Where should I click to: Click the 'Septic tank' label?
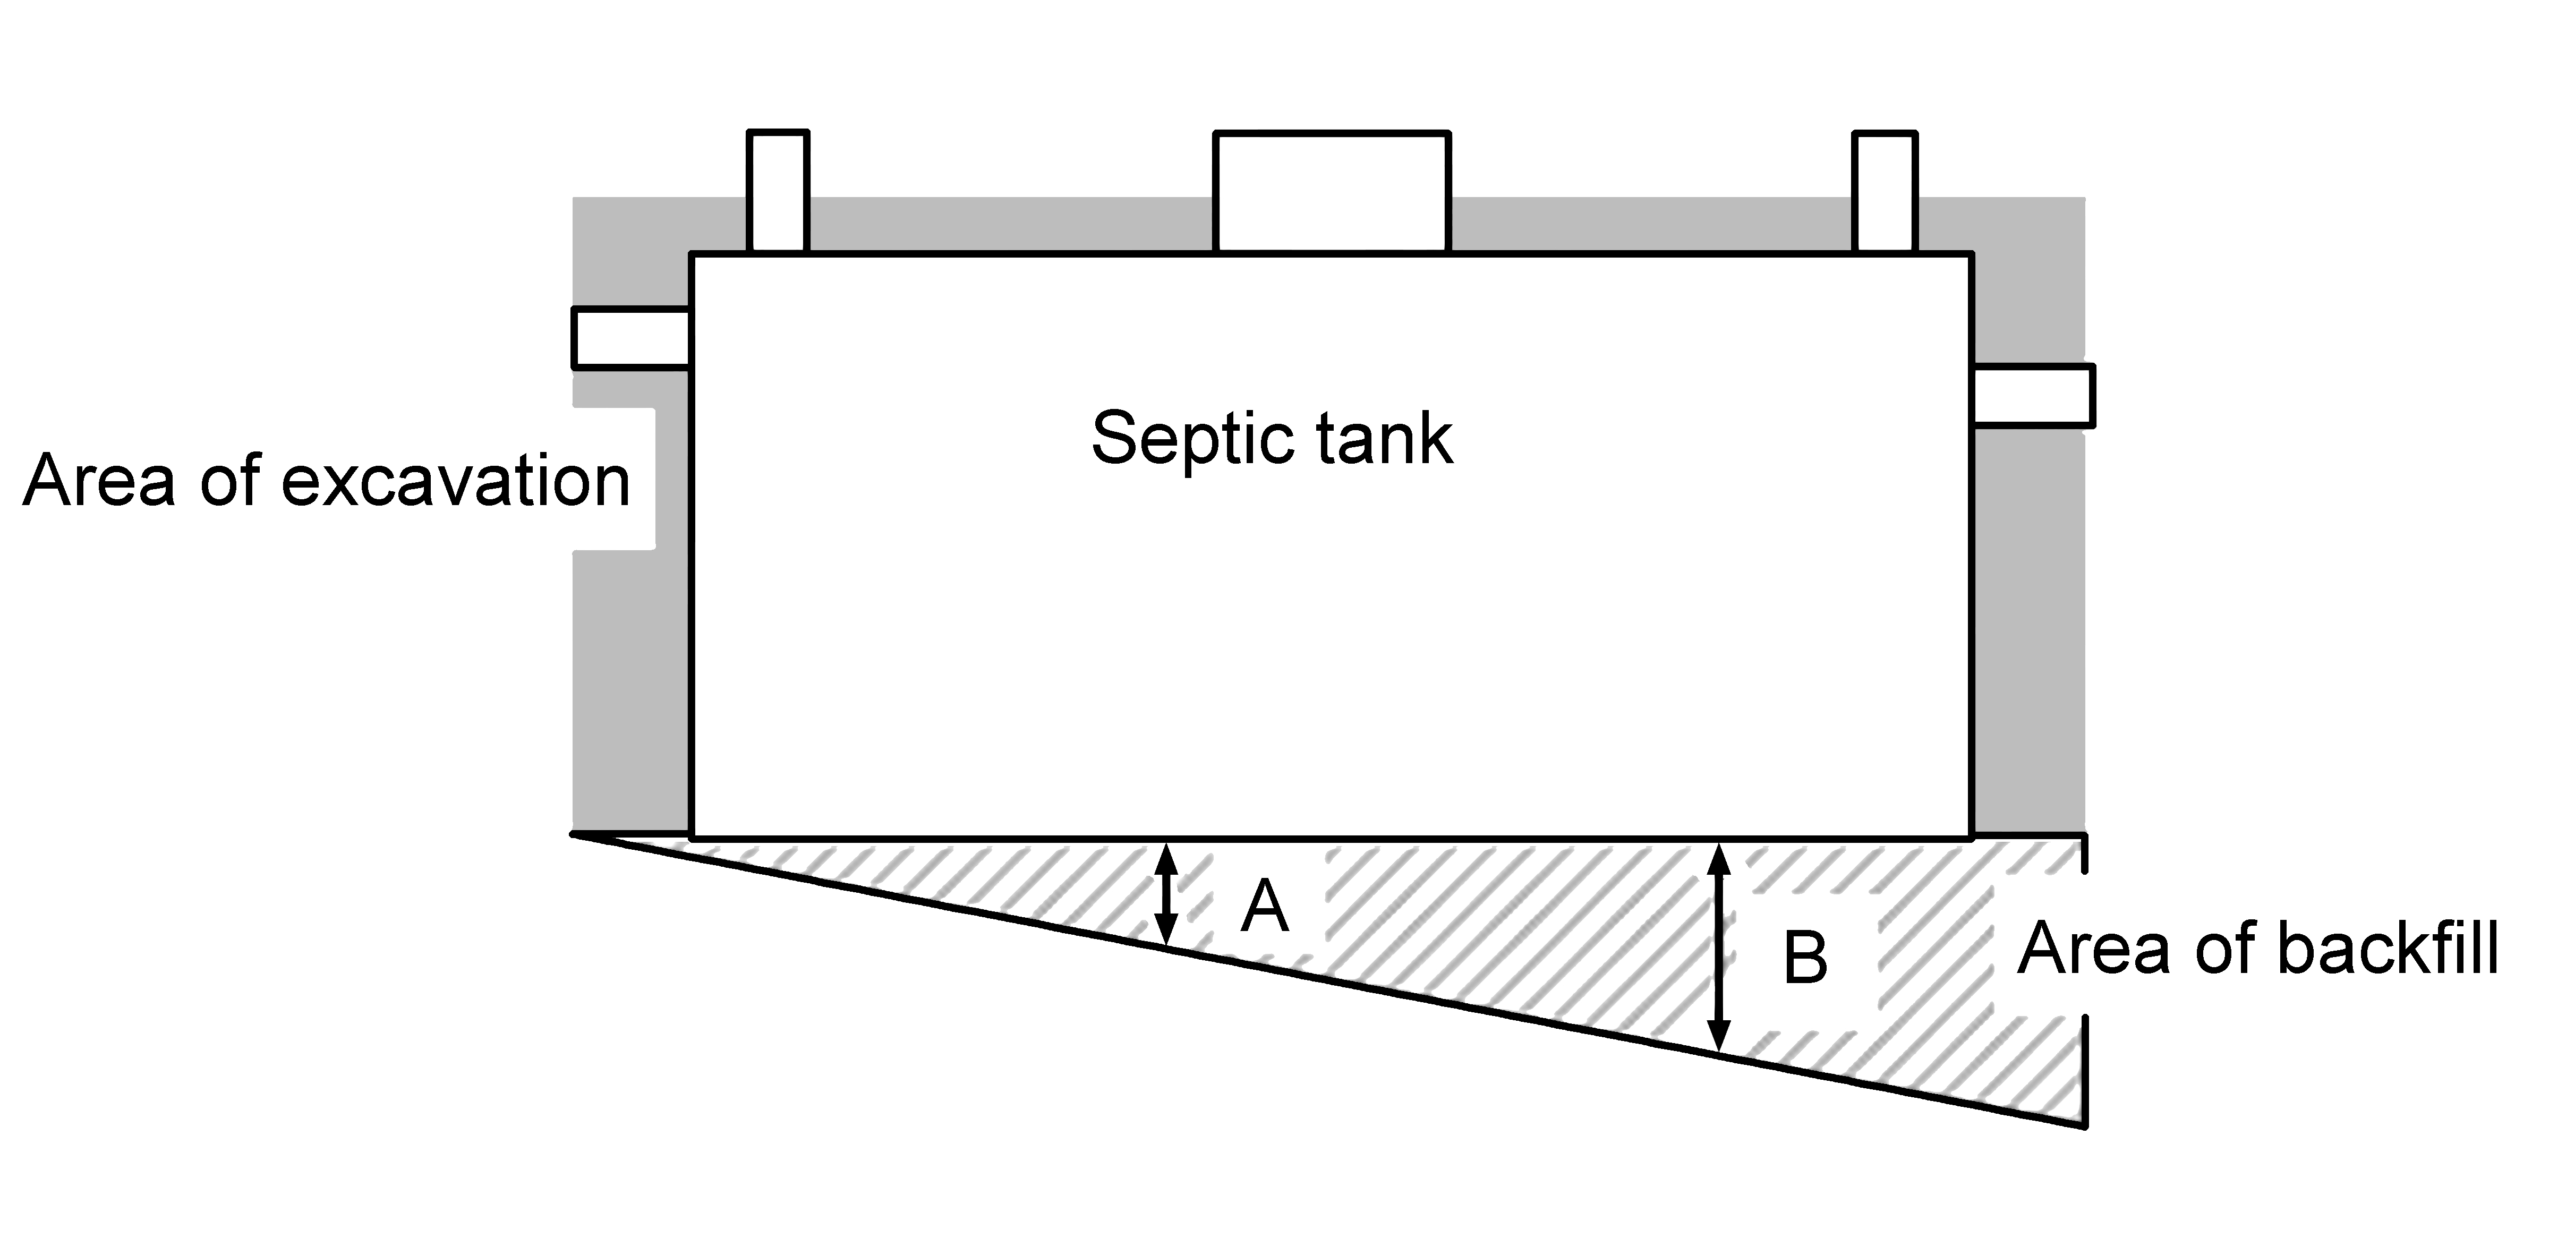(x=1272, y=438)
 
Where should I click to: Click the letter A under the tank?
(x=1265, y=907)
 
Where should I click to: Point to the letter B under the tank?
(x=1805, y=958)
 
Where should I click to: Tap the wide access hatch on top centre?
(x=1332, y=192)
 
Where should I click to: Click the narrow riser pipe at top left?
(x=778, y=192)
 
